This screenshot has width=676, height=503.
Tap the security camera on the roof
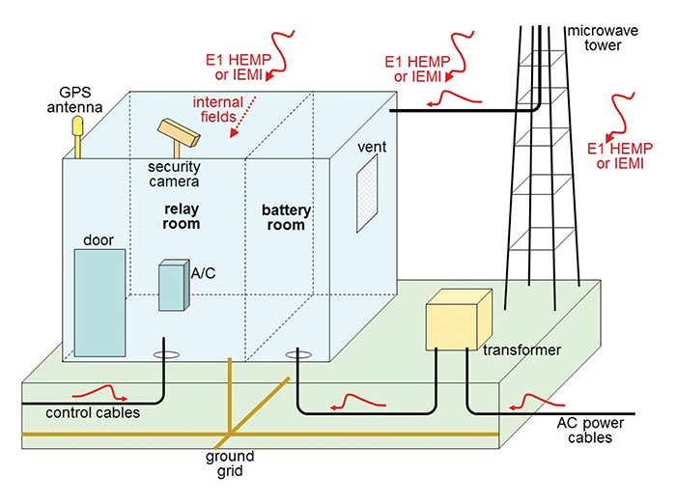[179, 132]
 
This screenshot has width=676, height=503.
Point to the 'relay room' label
[182, 216]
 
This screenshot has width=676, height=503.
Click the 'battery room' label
[283, 217]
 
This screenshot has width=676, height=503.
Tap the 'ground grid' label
[229, 464]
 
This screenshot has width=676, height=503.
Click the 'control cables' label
[93, 412]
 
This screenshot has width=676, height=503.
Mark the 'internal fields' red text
[218, 109]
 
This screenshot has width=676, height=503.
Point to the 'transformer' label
[525, 349]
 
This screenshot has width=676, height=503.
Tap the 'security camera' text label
[174, 174]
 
